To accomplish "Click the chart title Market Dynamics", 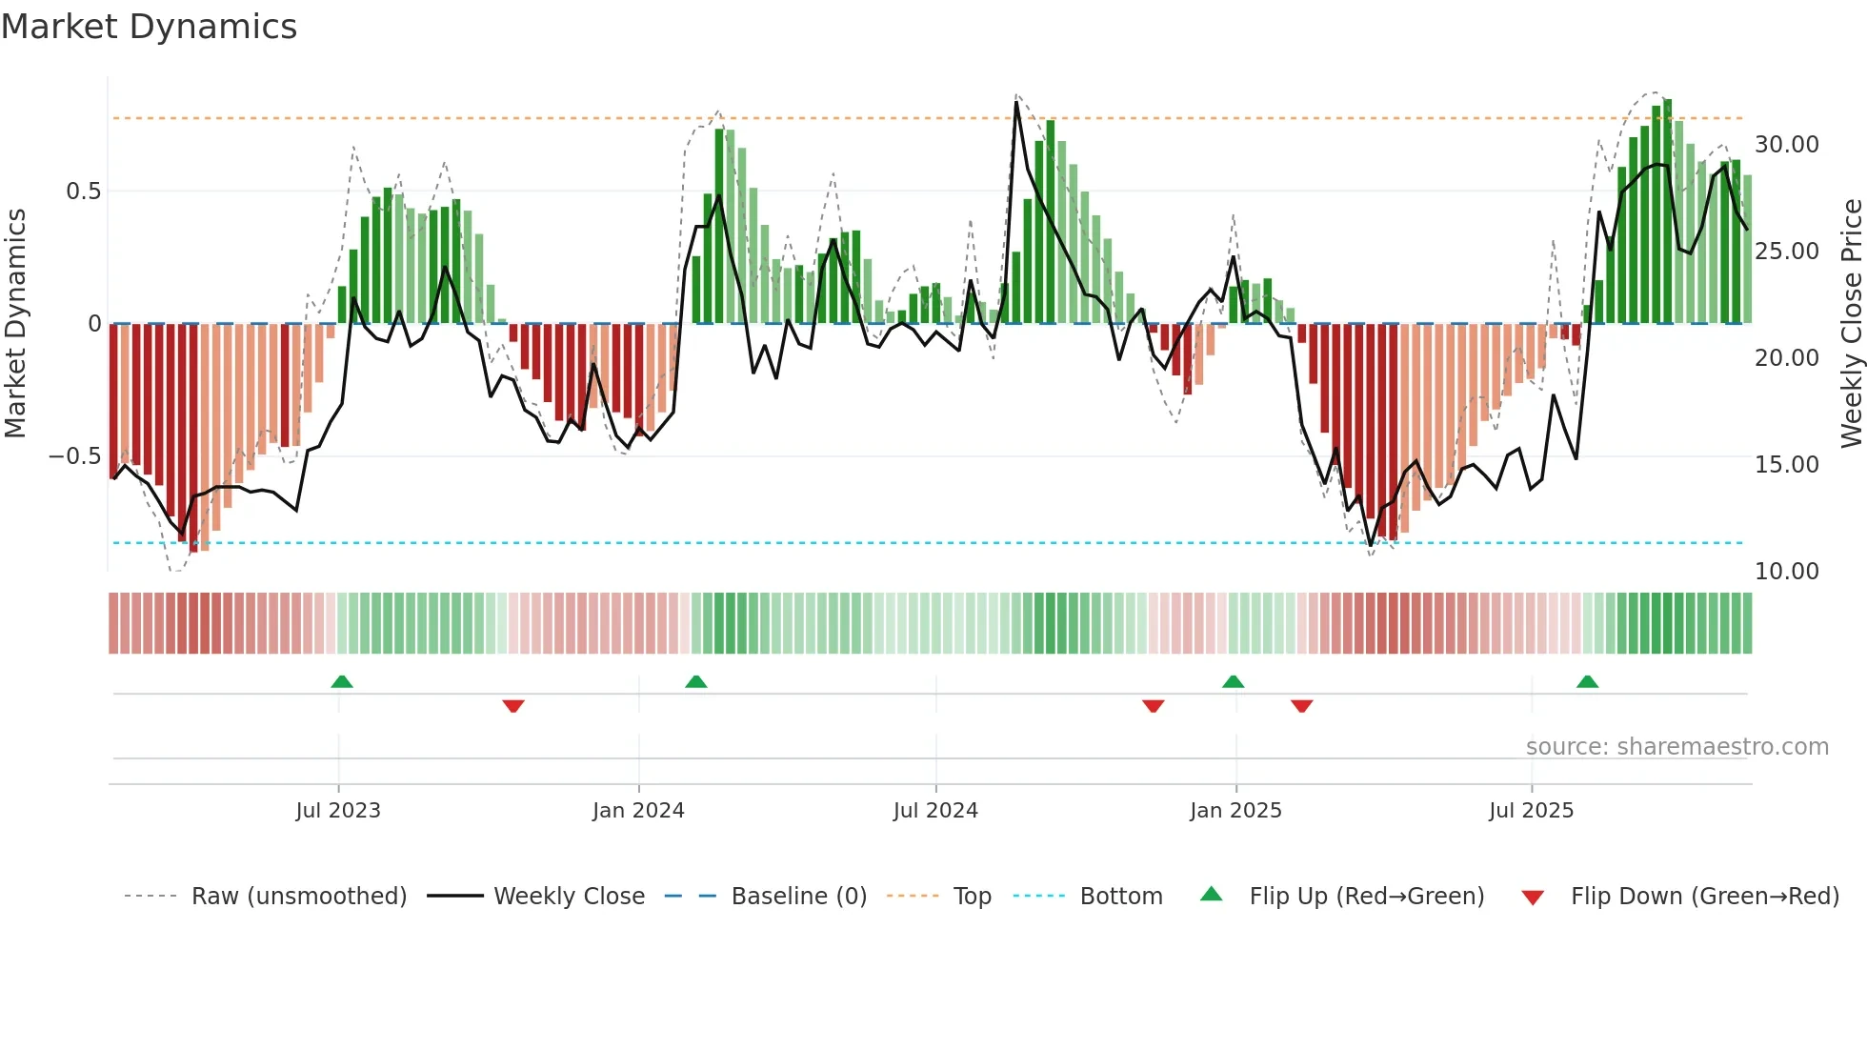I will click(x=149, y=27).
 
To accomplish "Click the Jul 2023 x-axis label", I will click(x=337, y=811).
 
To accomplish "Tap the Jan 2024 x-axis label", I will click(x=638, y=811).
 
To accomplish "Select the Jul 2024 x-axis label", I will click(x=935, y=811).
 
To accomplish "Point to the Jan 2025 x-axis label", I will click(x=1235, y=811).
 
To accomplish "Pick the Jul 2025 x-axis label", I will click(x=1531, y=811).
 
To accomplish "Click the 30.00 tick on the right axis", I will click(x=1786, y=145).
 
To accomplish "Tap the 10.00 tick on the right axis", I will click(x=1786, y=572).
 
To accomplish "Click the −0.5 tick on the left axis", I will click(x=74, y=456).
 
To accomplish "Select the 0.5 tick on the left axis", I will click(x=83, y=192).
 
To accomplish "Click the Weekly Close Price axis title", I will click(x=1851, y=324).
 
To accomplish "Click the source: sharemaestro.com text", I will click(x=1676, y=747).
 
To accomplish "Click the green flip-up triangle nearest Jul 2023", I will click(x=342, y=681).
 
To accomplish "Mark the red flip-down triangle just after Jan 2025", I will click(x=1302, y=706).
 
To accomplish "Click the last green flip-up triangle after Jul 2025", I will click(x=1587, y=681).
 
